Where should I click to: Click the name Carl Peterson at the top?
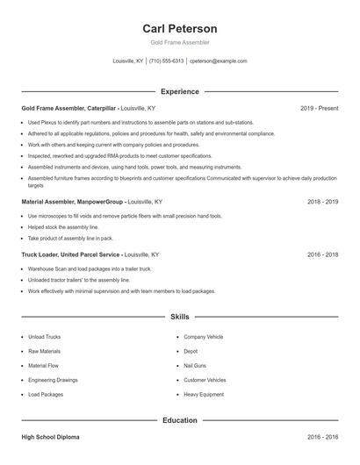[179, 28]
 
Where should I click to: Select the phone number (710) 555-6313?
[166, 61]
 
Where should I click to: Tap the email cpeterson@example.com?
[218, 61]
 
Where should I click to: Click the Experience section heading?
[179, 91]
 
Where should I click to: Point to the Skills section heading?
[179, 316]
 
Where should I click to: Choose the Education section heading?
[179, 420]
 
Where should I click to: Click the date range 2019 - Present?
[319, 108]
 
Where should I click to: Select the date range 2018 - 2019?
[322, 201]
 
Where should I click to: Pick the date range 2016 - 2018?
[322, 254]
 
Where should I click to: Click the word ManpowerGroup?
[98, 201]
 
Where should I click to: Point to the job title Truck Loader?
[40, 254]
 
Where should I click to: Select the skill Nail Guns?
[197, 365]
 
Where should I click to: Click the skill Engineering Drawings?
[53, 380]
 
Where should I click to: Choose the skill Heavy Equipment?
[204, 395]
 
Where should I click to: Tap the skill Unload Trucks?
[44, 336]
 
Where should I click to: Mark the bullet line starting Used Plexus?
[140, 123]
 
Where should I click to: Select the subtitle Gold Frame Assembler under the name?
[179, 42]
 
